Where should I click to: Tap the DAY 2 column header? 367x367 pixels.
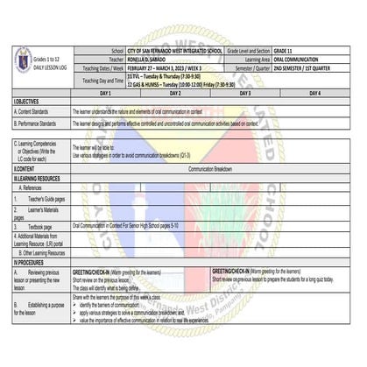click(174, 92)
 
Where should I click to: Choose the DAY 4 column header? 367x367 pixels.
click(314, 92)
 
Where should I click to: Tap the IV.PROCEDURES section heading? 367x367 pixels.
click(31, 262)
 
